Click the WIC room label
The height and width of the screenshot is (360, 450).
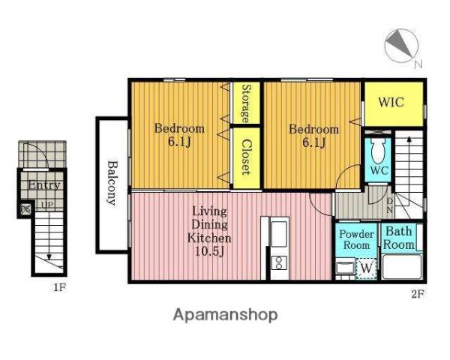pyautogui.click(x=391, y=102)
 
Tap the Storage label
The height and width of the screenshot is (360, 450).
pyautogui.click(x=246, y=103)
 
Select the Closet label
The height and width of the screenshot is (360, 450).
pyautogui.click(x=246, y=157)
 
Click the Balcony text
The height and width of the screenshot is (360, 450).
pyautogui.click(x=112, y=183)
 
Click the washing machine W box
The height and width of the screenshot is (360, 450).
pyautogui.click(x=366, y=268)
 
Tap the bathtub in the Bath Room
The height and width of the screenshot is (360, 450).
pyautogui.click(x=402, y=267)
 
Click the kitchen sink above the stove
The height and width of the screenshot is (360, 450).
pyautogui.click(x=279, y=234)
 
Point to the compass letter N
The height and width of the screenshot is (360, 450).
pyautogui.click(x=418, y=64)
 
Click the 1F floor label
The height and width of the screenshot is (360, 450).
pyautogui.click(x=60, y=287)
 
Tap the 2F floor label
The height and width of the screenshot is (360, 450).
pyautogui.click(x=418, y=294)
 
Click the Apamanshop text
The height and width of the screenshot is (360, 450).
pyautogui.click(x=225, y=315)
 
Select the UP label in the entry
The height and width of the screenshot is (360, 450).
pyautogui.click(x=46, y=205)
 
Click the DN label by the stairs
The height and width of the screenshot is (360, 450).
pyautogui.click(x=389, y=205)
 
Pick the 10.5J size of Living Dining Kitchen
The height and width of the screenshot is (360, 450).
pyautogui.click(x=209, y=251)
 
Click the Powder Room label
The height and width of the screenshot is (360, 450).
pyautogui.click(x=356, y=240)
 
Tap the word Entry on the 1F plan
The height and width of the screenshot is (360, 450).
pyautogui.click(x=44, y=185)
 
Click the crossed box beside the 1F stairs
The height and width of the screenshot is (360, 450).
pyautogui.click(x=26, y=209)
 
